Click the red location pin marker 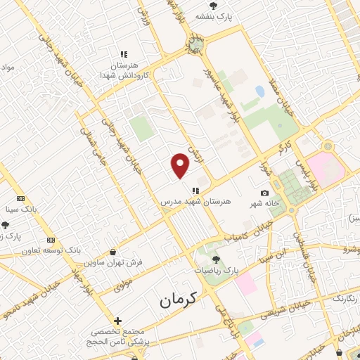pos(181,166)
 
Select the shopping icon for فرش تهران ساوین pos(113,252)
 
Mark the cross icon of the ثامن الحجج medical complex pos(117,321)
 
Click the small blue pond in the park pos(260,91)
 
